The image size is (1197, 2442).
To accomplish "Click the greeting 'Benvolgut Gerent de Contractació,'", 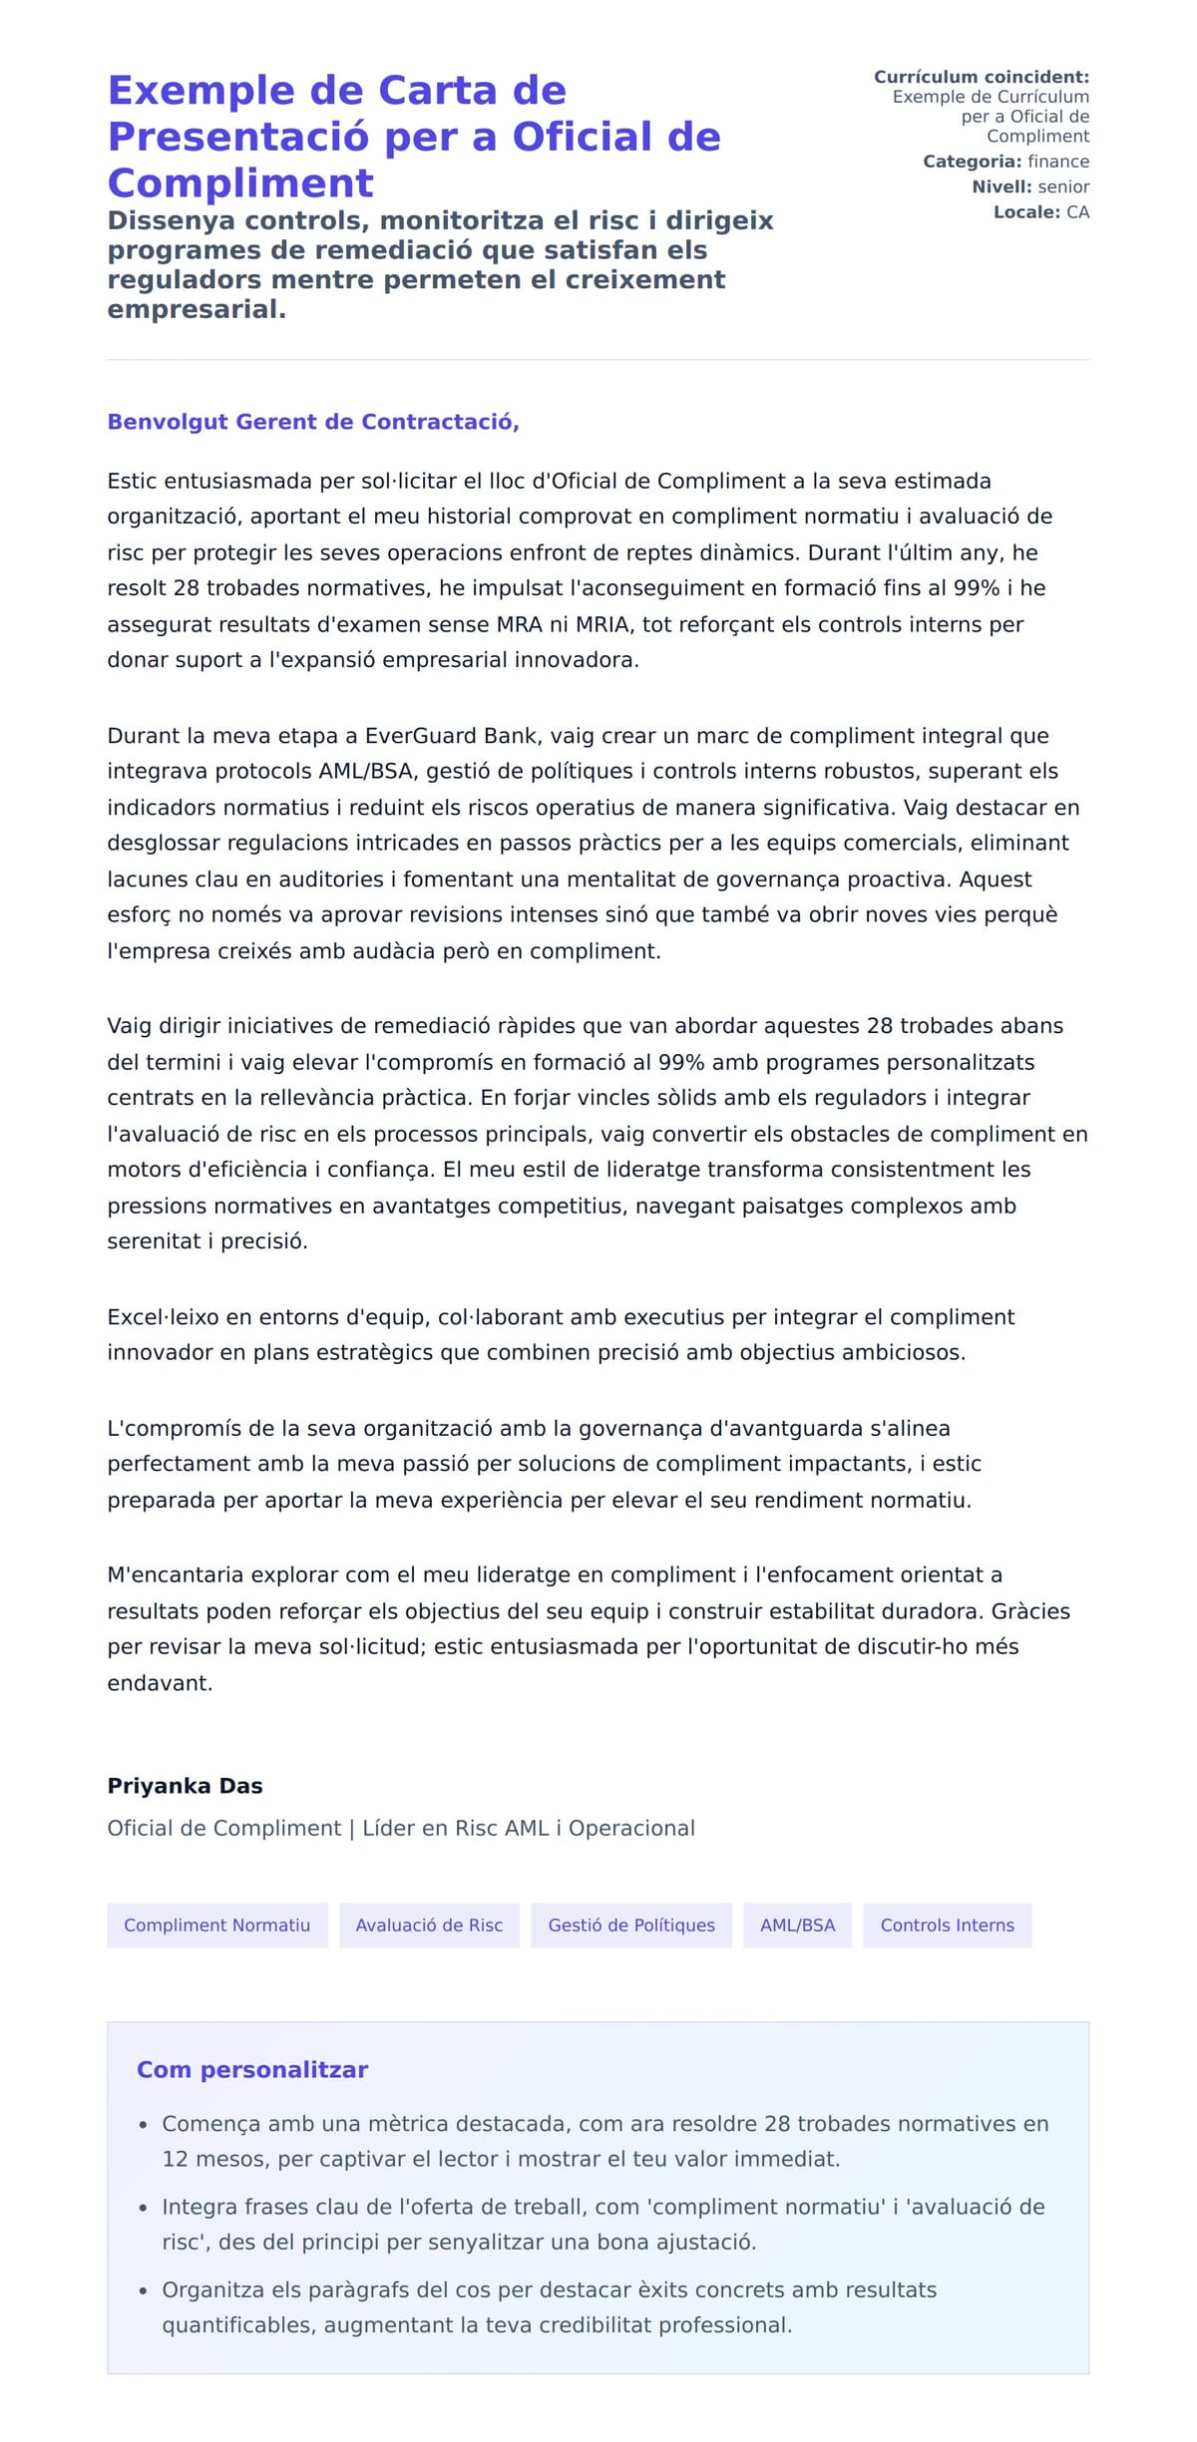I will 313,422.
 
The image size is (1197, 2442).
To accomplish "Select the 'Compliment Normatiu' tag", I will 216,1924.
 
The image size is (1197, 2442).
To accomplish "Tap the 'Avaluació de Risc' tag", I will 429,1924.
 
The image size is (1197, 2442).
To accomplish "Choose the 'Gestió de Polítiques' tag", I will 631,1924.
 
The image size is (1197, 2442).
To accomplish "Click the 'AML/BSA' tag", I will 797,1924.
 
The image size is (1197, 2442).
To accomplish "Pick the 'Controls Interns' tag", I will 947,1924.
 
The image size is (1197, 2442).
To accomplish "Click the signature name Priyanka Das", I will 185,1785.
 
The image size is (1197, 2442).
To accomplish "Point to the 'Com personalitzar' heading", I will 252,2069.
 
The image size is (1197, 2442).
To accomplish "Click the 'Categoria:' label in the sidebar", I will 972,162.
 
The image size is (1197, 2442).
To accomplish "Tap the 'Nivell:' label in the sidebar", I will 1001,186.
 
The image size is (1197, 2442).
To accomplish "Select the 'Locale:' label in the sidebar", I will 1026,212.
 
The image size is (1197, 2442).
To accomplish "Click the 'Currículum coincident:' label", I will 982,77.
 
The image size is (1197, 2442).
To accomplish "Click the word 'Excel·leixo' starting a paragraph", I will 164,1317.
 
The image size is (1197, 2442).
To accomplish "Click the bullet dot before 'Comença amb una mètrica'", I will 144,2125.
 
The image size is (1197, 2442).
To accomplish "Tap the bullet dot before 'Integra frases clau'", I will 144,2208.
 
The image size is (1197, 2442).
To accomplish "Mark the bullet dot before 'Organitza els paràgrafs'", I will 144,2290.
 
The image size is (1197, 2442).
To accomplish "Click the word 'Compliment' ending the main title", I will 240,183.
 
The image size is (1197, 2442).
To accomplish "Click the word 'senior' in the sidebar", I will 1063,186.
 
